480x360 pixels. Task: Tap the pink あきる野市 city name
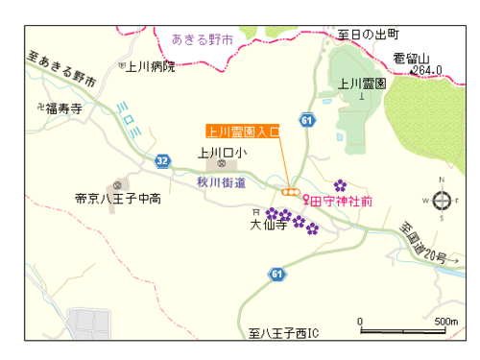click(x=203, y=39)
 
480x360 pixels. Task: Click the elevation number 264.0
click(x=426, y=70)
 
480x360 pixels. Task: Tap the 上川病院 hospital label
click(x=152, y=66)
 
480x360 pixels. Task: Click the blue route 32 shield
click(x=162, y=161)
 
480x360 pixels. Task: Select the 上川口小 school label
click(x=222, y=152)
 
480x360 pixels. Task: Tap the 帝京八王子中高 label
click(x=118, y=200)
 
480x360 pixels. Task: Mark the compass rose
click(x=443, y=200)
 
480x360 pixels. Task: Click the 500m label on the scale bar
click(x=445, y=321)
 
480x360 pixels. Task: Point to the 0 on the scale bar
click(x=360, y=321)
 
